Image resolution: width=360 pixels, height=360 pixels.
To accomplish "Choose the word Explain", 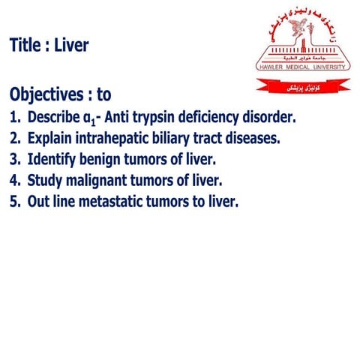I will pos(50,139).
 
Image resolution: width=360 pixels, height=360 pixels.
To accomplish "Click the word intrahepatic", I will pos(114,139).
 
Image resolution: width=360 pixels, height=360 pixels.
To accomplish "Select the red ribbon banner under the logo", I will pos(303,86).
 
